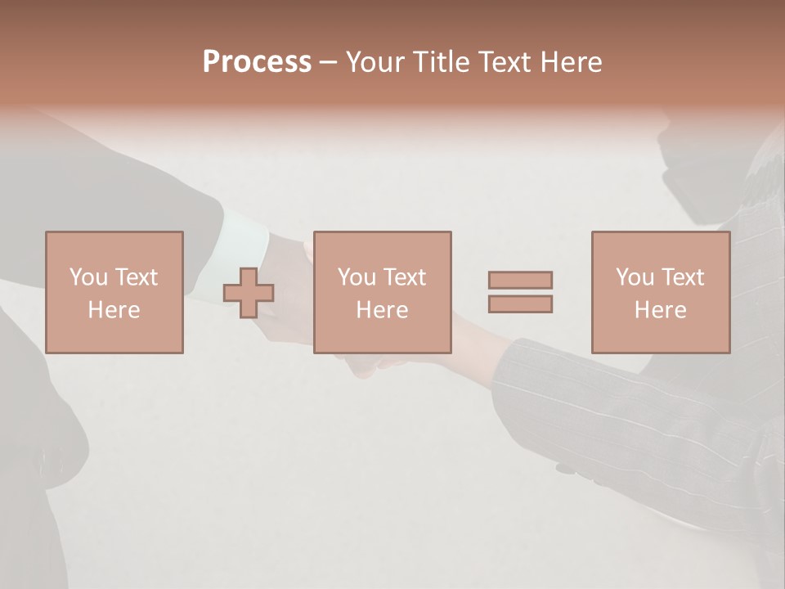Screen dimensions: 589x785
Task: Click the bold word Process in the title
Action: (x=257, y=62)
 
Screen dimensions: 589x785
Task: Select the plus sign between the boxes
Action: (x=249, y=292)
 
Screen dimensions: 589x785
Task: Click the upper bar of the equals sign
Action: (x=520, y=280)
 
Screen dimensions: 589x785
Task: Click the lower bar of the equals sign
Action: (x=520, y=304)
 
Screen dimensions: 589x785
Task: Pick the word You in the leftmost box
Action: (x=88, y=277)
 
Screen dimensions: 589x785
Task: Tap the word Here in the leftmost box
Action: (x=114, y=310)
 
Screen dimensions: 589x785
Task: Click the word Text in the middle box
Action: (x=406, y=277)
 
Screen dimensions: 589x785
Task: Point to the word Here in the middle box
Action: (x=382, y=310)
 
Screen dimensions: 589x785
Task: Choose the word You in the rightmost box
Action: (x=635, y=277)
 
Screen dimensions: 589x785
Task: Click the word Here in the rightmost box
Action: (x=660, y=310)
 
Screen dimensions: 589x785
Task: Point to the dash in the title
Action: (x=329, y=63)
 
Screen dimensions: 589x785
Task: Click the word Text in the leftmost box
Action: (x=137, y=277)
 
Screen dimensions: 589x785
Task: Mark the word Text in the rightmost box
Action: (x=684, y=277)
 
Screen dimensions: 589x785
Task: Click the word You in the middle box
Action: (x=357, y=277)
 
